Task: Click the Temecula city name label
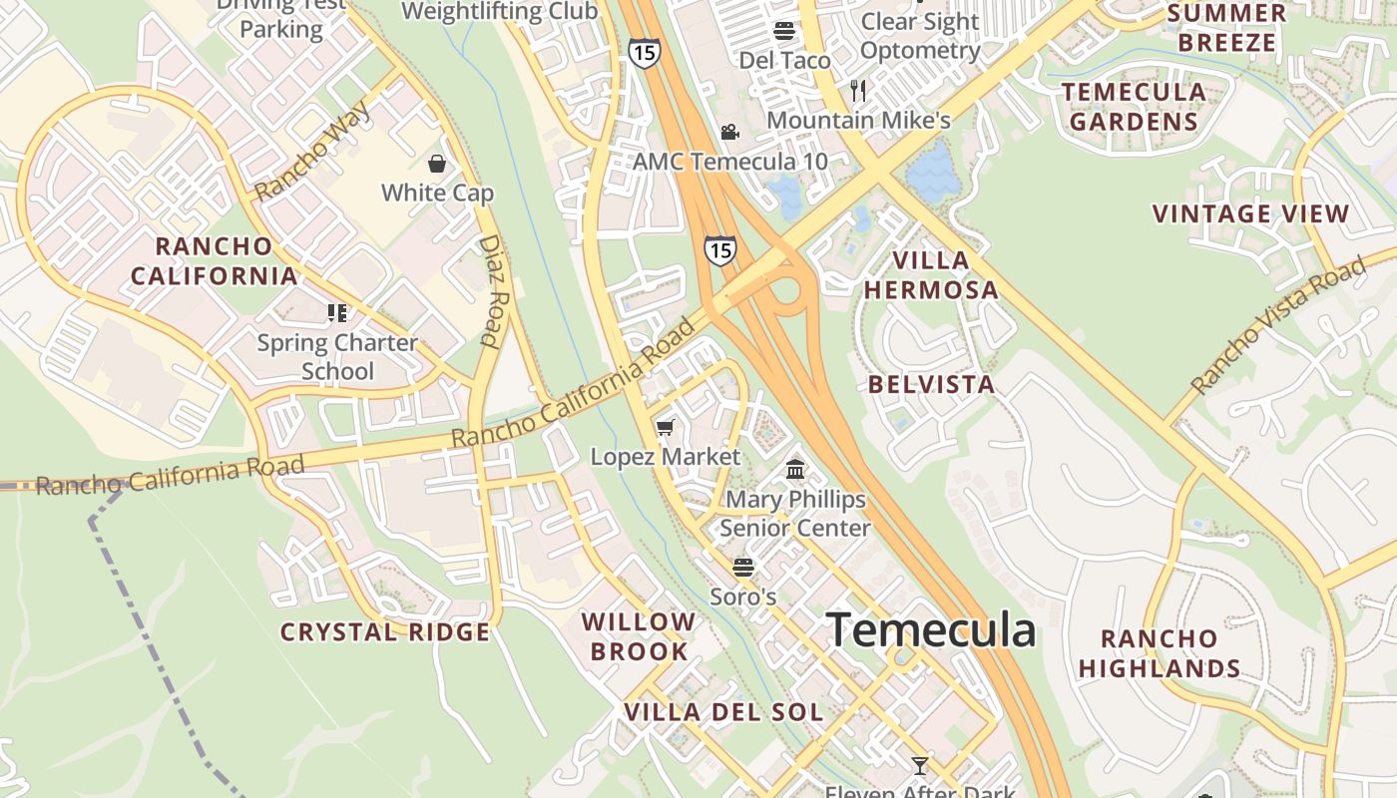[x=931, y=630]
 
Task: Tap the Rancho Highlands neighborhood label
[x=1160, y=653]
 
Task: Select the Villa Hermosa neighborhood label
[x=931, y=275]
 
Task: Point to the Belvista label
[x=931, y=384]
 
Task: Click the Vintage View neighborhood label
[x=1250, y=213]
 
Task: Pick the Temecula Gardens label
[x=1134, y=107]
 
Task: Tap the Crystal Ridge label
[x=385, y=631]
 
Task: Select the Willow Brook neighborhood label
[x=639, y=636]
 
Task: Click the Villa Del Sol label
[x=723, y=712]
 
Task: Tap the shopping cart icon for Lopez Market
[x=666, y=427]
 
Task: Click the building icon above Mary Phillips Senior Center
[x=795, y=468]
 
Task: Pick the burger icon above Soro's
[x=743, y=568]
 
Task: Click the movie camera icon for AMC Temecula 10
[x=730, y=132]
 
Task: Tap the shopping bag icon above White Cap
[x=436, y=163]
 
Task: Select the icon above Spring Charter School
[x=337, y=313]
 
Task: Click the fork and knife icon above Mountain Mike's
[x=858, y=91]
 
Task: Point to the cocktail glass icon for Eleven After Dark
[x=920, y=765]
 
